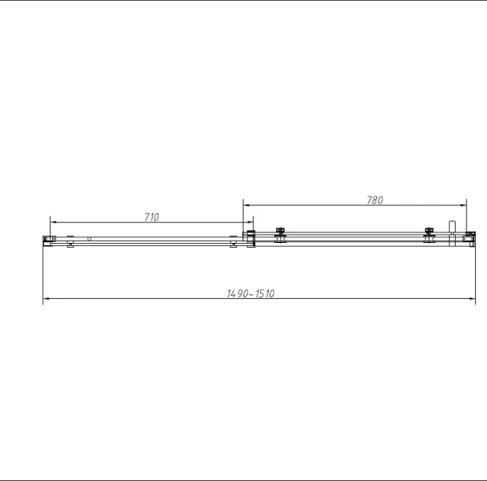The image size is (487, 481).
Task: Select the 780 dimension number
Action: [x=375, y=200]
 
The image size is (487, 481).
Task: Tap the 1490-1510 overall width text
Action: [x=251, y=293]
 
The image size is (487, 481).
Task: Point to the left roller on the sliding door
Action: [x=279, y=234]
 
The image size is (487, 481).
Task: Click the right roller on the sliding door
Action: [x=429, y=234]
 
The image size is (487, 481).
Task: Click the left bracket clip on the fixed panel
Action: [x=71, y=241]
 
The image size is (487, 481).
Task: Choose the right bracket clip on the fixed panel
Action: [x=233, y=241]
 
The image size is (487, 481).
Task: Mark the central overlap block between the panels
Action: [x=250, y=238]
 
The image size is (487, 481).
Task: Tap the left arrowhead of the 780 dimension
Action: [x=246, y=204]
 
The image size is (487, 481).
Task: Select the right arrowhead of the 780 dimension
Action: [x=464, y=204]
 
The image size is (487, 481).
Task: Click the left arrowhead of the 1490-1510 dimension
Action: [x=45, y=300]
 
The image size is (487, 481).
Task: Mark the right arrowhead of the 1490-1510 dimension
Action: [x=473, y=300]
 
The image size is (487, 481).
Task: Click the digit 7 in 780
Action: [x=369, y=200]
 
